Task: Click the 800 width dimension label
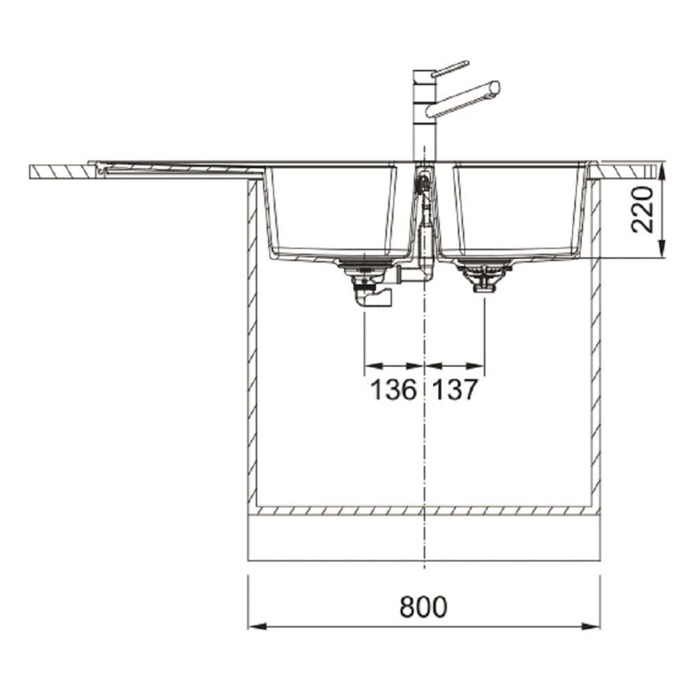point(423,607)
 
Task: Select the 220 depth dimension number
point(643,210)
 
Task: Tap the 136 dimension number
point(393,390)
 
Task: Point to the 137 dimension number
point(455,390)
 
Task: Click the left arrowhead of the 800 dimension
point(258,627)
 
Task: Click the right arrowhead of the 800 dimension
point(591,627)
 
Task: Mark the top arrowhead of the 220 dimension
point(662,171)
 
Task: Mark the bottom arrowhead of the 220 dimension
point(662,249)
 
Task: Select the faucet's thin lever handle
point(450,69)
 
